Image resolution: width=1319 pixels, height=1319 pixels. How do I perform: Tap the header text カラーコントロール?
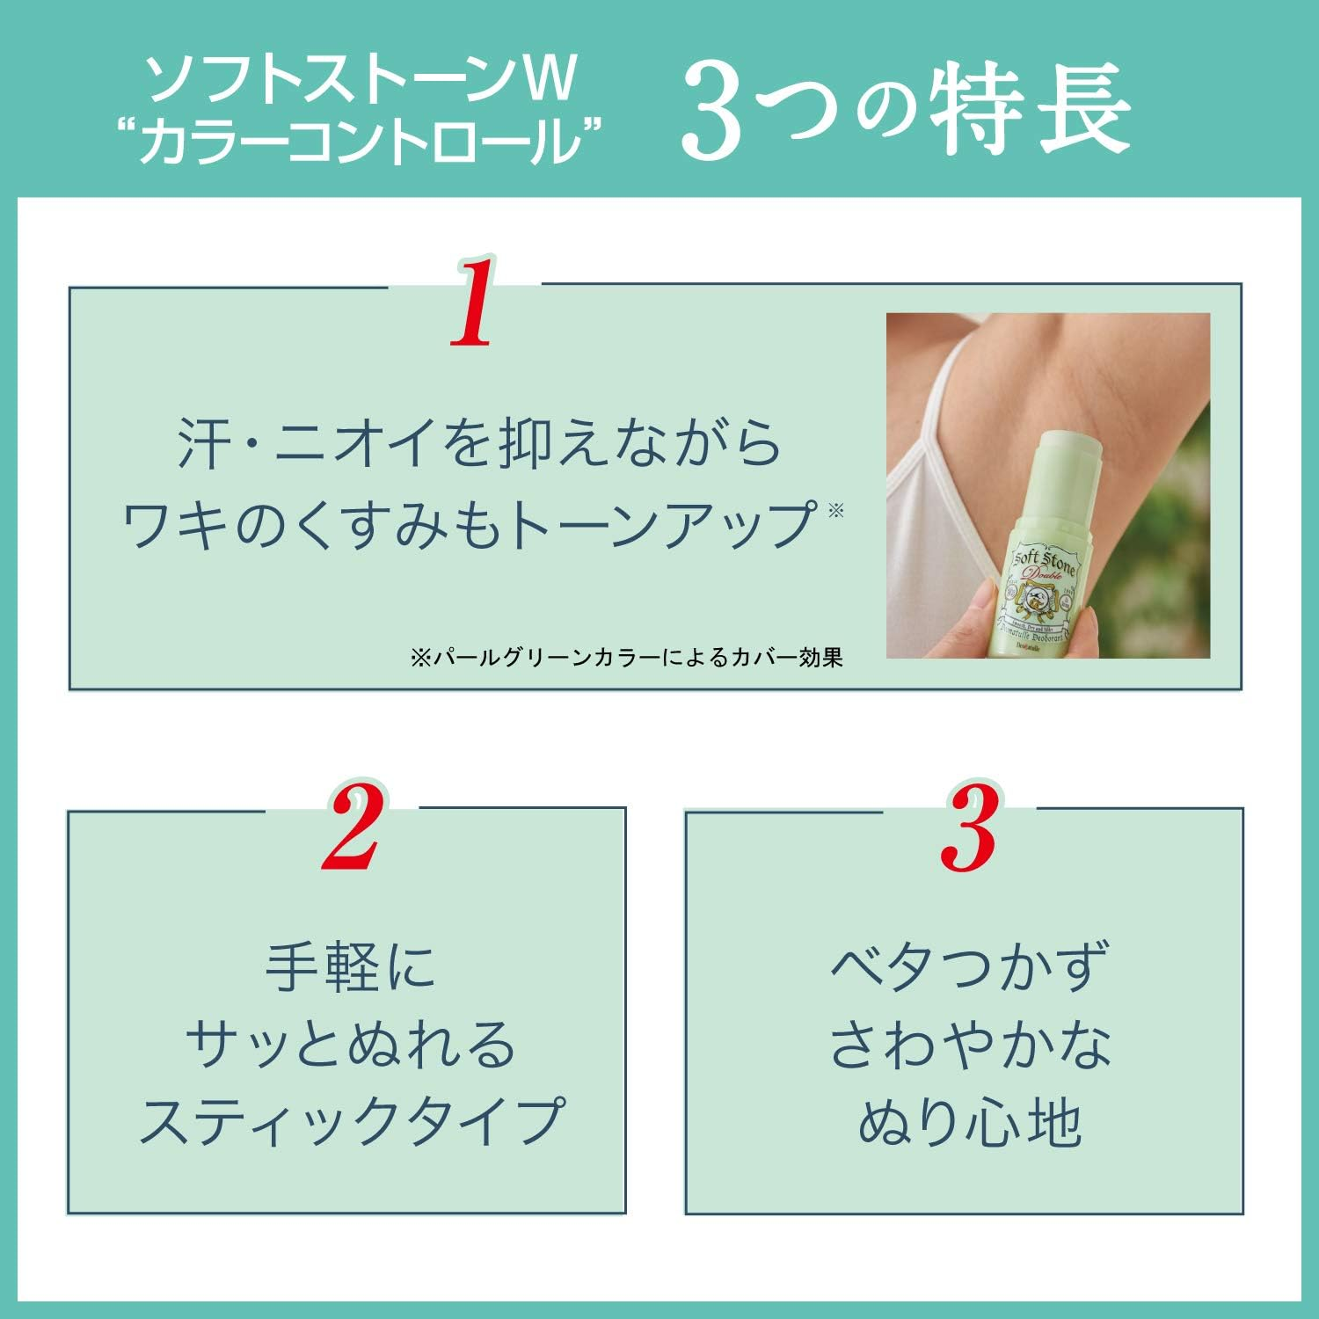tap(361, 142)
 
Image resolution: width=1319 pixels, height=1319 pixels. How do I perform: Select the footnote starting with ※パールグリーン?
tap(626, 658)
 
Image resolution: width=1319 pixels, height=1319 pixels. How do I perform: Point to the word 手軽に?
tap(350, 968)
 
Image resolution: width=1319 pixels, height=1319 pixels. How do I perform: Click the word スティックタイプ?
tap(350, 1122)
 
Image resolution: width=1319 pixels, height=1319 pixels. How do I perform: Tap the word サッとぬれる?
tap(350, 1045)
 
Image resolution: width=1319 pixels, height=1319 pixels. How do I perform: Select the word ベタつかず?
tap(968, 968)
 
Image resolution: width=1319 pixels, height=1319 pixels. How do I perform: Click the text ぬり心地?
tap(968, 1122)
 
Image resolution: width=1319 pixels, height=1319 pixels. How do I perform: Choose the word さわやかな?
tap(968, 1045)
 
